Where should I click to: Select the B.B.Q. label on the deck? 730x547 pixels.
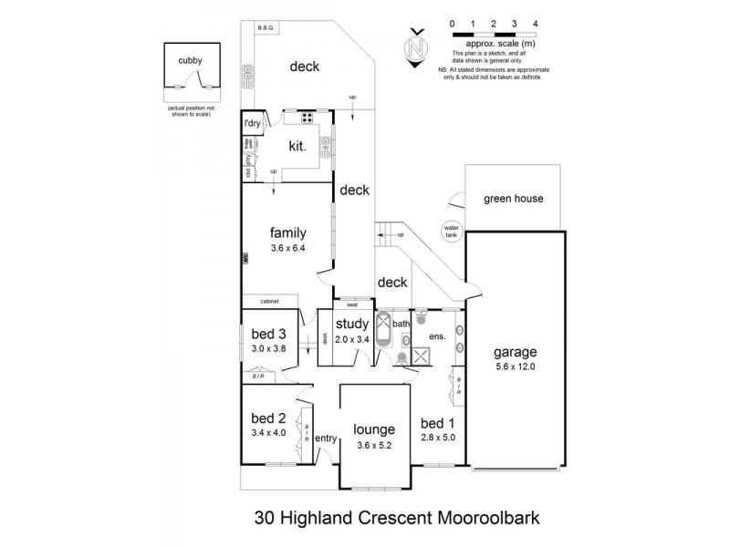coord(267,28)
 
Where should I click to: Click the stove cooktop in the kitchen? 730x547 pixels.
coord(307,117)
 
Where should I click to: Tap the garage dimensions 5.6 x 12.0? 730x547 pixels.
coord(516,366)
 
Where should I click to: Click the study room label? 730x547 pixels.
coord(350,324)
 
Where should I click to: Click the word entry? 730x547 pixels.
coord(326,439)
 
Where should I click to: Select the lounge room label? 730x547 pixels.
coord(375,429)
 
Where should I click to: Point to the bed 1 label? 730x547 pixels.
coord(438,423)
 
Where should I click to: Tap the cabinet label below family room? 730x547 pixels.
coord(268,301)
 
